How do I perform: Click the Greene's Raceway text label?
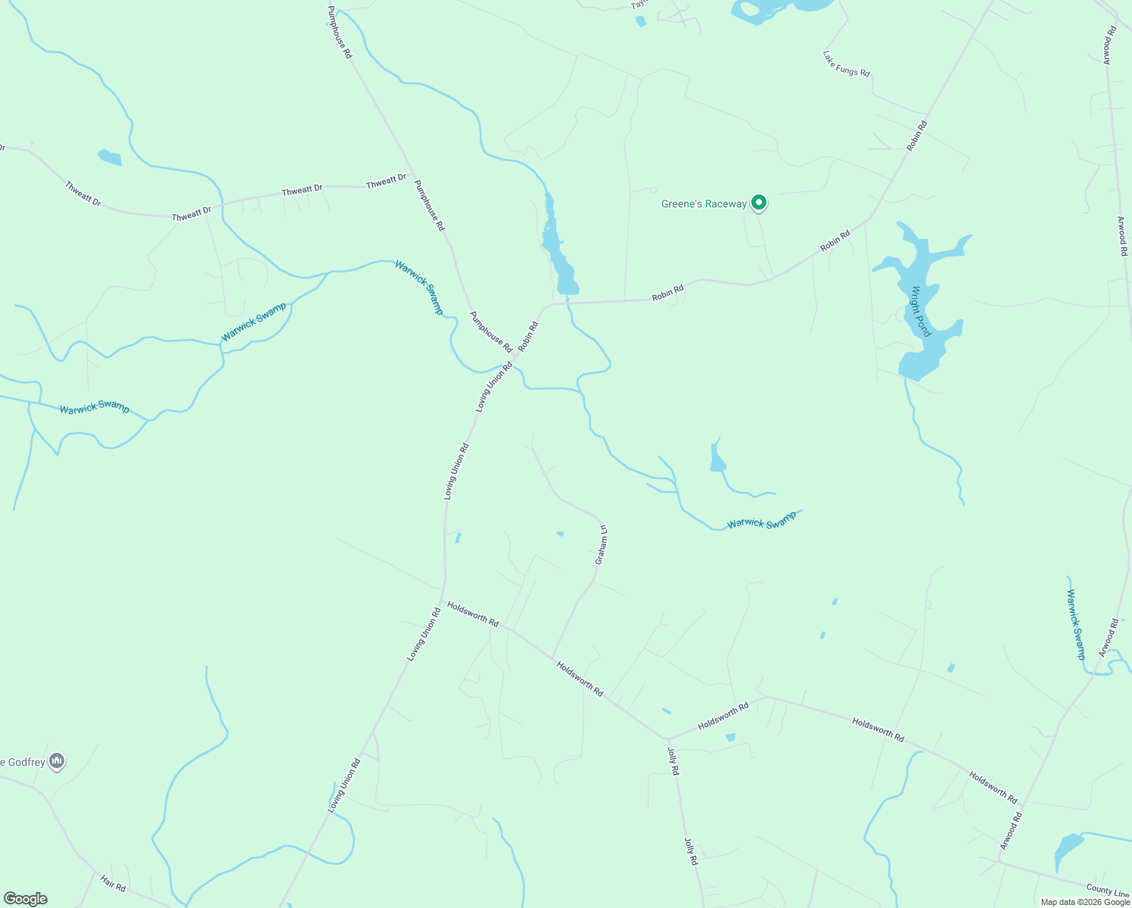[x=703, y=204]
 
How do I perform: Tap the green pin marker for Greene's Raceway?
[x=758, y=203]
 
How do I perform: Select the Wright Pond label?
[x=920, y=311]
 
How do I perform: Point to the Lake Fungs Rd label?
[x=846, y=63]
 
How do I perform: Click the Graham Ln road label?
[x=601, y=545]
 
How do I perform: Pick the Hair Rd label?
[x=113, y=882]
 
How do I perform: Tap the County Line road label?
[x=1107, y=891]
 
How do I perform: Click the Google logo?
[x=25, y=899]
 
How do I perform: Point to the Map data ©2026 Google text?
[x=1084, y=902]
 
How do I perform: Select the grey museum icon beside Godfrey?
[x=57, y=761]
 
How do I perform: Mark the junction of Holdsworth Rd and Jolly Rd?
[x=667, y=739]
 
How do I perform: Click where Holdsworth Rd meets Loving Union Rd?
[x=443, y=602]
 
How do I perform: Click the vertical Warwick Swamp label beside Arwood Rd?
[x=1076, y=624]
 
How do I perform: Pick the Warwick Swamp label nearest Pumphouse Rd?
[x=418, y=288]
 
